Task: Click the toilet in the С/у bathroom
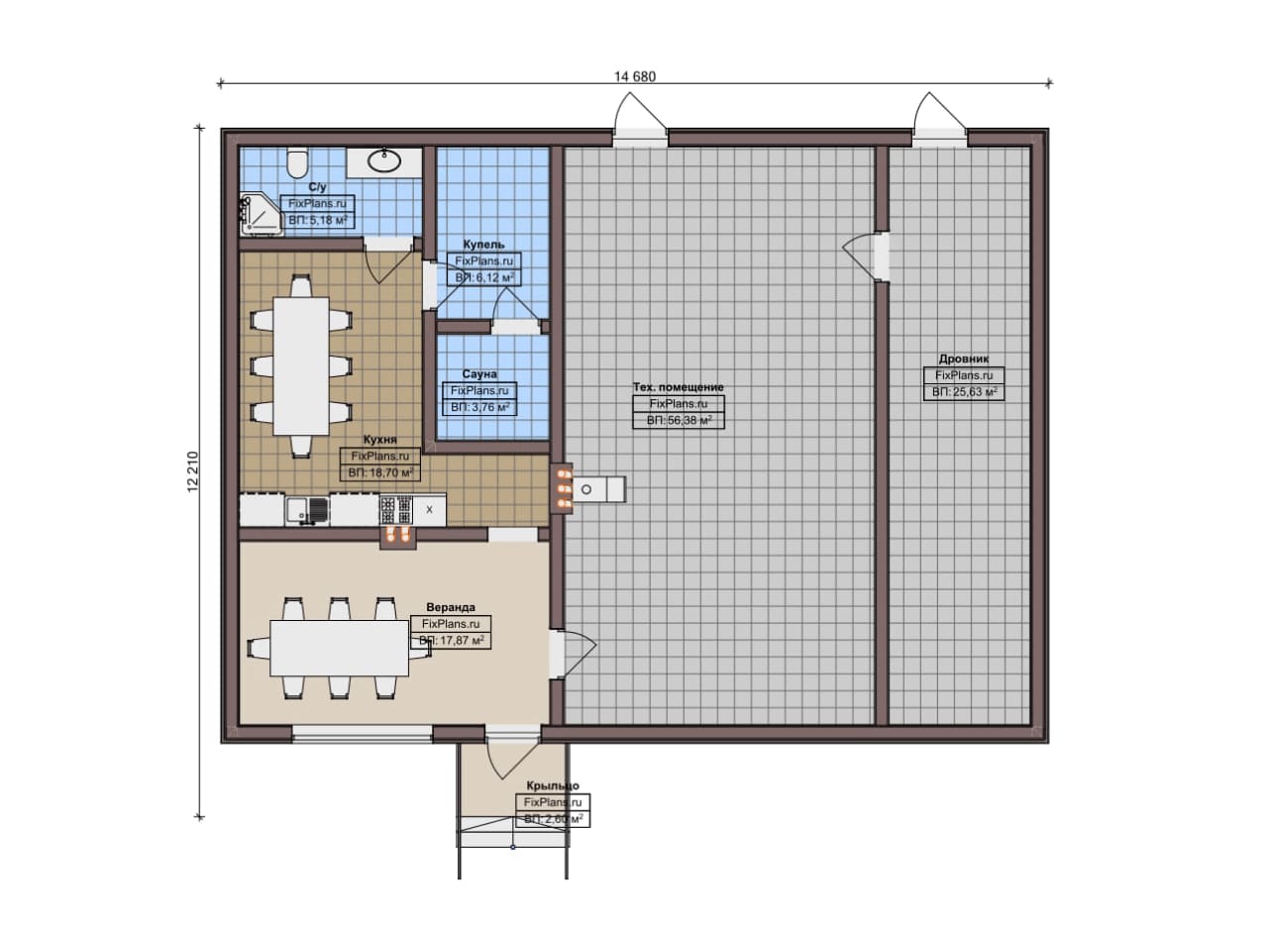pyautogui.click(x=297, y=162)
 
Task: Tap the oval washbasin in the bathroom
pyautogui.click(x=384, y=160)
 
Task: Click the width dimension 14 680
pyautogui.click(x=635, y=76)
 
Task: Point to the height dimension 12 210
pyautogui.click(x=193, y=471)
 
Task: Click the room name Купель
pyautogui.click(x=483, y=244)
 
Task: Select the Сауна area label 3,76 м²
pyautogui.click(x=480, y=407)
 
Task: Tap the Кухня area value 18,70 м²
pyautogui.click(x=380, y=472)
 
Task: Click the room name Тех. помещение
pyautogui.click(x=679, y=387)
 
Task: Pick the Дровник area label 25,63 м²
pyautogui.click(x=965, y=391)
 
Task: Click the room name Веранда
pyautogui.click(x=451, y=607)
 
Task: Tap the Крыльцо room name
pyautogui.click(x=553, y=785)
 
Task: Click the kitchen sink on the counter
pyautogui.click(x=307, y=511)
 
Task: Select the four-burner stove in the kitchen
pyautogui.click(x=395, y=509)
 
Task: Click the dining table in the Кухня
pyautogui.click(x=301, y=366)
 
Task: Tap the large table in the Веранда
pyautogui.click(x=339, y=648)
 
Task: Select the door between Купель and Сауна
pyautogui.click(x=514, y=311)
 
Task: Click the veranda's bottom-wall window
pyautogui.click(x=363, y=734)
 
